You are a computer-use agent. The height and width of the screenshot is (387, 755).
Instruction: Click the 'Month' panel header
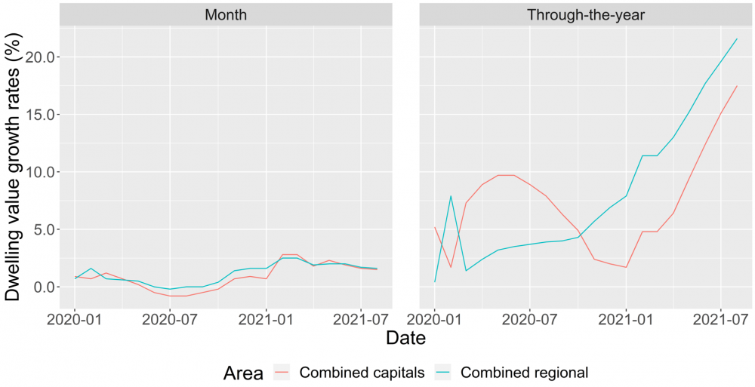pos(226,14)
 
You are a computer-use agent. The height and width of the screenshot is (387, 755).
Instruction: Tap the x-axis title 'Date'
pos(405,339)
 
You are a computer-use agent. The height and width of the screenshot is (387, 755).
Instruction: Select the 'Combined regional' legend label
pos(523,372)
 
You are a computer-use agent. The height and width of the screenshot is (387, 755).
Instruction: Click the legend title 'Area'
pos(243,372)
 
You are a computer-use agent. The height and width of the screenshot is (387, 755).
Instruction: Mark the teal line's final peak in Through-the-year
pos(737,38)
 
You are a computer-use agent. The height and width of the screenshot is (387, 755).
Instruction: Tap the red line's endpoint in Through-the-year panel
pos(737,85)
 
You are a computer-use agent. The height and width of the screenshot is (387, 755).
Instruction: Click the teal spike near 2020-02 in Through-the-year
pos(451,196)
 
